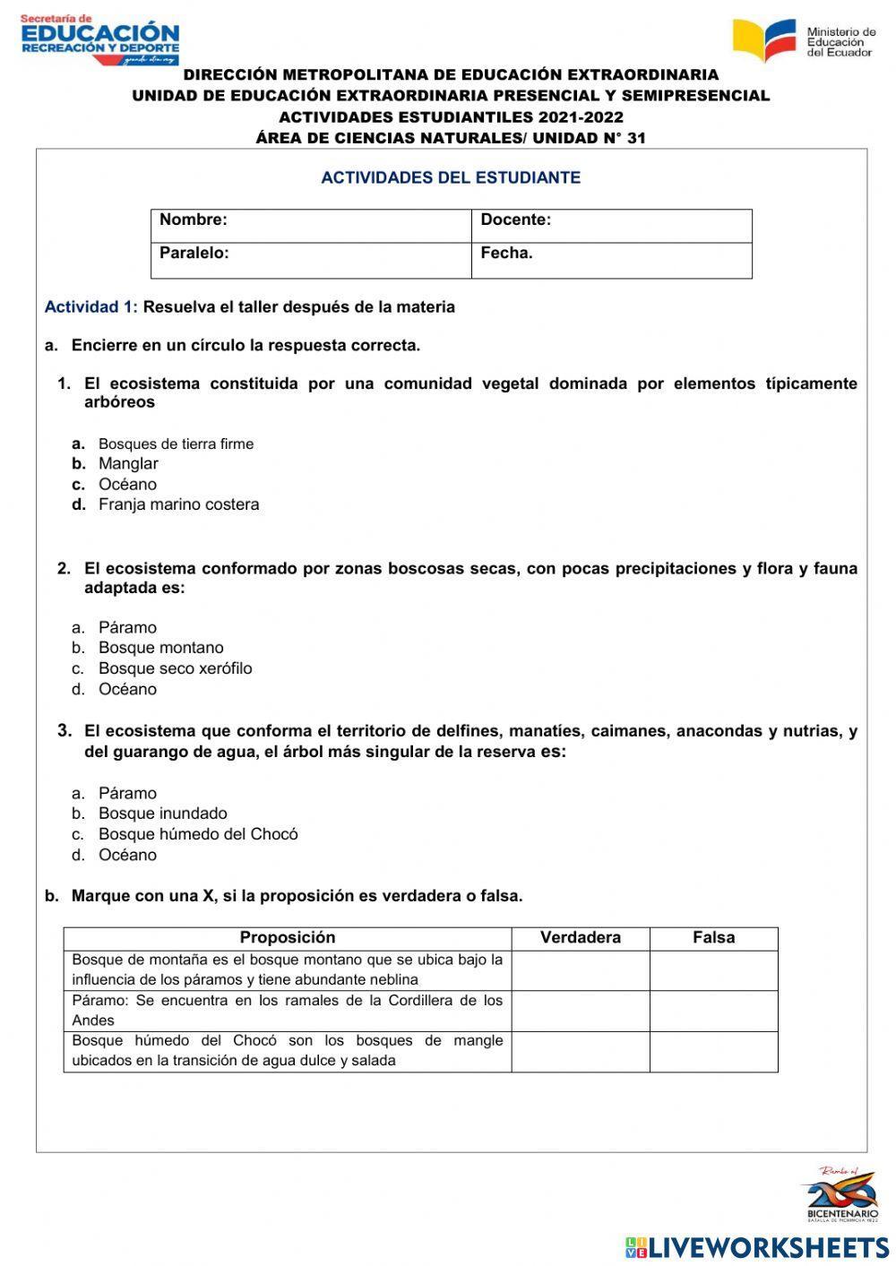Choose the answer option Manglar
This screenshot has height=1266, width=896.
[x=128, y=464]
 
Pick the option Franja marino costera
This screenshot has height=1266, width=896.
[x=178, y=504]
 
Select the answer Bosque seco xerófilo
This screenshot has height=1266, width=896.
[x=175, y=668]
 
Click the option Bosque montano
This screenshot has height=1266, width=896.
[x=160, y=648]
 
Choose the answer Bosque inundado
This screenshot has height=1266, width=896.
[x=162, y=814]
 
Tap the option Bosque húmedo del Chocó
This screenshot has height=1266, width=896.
[x=197, y=834]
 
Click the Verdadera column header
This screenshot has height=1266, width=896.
[x=581, y=938]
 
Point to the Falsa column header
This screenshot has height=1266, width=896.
[x=713, y=938]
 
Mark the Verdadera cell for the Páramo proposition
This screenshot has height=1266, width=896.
[x=581, y=1011]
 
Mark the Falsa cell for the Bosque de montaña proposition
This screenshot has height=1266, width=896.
[x=713, y=970]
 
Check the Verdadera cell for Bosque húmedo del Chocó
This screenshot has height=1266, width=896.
[x=581, y=1051]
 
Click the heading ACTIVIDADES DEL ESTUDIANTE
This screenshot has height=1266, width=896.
[x=451, y=177]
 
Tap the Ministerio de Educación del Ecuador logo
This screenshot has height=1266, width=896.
[x=804, y=41]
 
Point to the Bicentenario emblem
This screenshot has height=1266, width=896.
[x=840, y=1194]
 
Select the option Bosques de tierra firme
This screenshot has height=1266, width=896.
[x=176, y=444]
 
